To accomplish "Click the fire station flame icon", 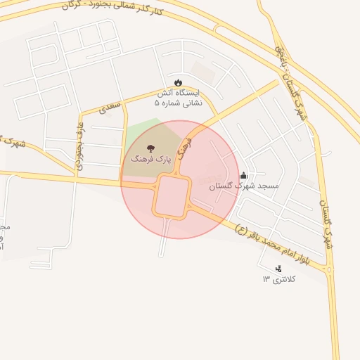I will pyautogui.click(x=179, y=83).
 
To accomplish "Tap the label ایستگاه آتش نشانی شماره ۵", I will pyautogui.click(x=178, y=98).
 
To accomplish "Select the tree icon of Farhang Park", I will pyautogui.click(x=152, y=148).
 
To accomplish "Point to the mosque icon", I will pyautogui.click(x=243, y=175).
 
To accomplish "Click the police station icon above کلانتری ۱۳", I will pyautogui.click(x=279, y=268).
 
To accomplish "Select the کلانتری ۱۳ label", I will pyautogui.click(x=280, y=279).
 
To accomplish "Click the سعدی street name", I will pyautogui.click(x=110, y=107).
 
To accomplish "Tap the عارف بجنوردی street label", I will pyautogui.click(x=79, y=143).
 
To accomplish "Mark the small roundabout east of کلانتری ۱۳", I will pyautogui.click(x=330, y=269).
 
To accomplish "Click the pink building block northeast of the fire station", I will pyautogui.click(x=203, y=72).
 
